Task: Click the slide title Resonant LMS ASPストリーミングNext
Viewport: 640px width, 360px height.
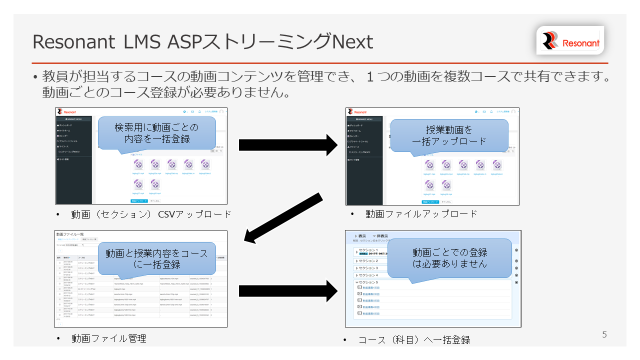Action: coord(202,42)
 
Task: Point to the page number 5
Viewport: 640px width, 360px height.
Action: coord(604,335)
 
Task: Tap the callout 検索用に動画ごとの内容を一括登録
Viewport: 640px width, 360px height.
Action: coord(157,133)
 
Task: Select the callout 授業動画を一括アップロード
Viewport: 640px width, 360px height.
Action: coord(449,135)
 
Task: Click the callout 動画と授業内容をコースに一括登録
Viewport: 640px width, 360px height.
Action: coord(156,258)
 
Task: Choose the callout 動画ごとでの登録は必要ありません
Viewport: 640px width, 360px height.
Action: coord(449,257)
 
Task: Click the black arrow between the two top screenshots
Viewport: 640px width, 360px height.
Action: coord(288,145)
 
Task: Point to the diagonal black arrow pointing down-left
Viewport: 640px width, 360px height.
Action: coord(282,218)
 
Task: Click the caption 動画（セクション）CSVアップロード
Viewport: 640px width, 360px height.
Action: coord(151,214)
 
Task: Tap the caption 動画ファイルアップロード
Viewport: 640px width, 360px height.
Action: coord(421,214)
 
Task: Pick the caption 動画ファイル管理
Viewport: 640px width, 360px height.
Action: coord(108,338)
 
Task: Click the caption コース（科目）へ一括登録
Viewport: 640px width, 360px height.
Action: coord(414,340)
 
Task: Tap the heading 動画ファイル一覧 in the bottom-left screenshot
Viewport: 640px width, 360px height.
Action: coord(69,234)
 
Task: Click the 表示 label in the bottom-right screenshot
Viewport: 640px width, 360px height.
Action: coord(362,236)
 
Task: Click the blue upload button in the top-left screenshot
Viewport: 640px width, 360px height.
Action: coord(139,200)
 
